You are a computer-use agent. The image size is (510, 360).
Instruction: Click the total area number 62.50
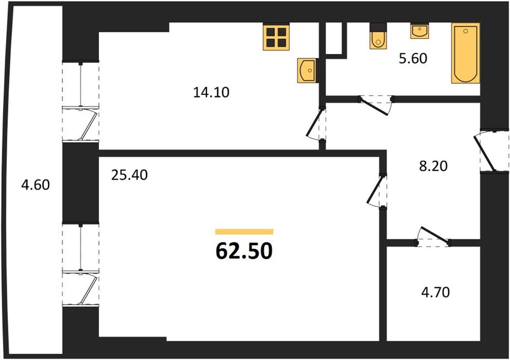pyautogui.click(x=244, y=251)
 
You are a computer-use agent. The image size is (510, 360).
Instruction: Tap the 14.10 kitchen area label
pyautogui.click(x=211, y=92)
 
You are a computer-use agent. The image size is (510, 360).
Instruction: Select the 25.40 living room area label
pyautogui.click(x=130, y=175)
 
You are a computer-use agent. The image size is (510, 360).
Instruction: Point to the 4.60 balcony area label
pyautogui.click(x=35, y=185)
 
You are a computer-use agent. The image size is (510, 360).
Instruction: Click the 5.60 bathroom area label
pyautogui.click(x=413, y=59)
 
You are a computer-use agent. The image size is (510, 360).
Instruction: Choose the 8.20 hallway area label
pyautogui.click(x=433, y=166)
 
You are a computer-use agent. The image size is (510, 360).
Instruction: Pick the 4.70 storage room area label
pyautogui.click(x=436, y=292)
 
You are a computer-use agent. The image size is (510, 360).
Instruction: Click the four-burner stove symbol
pyautogui.click(x=276, y=37)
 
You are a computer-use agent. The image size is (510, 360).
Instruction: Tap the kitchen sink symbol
pyautogui.click(x=307, y=70)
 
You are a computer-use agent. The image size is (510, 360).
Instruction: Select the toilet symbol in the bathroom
pyautogui.click(x=378, y=36)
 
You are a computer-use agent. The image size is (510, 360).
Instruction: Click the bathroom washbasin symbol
pyautogui.click(x=419, y=31)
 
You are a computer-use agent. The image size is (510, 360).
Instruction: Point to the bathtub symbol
pyautogui.click(x=466, y=53)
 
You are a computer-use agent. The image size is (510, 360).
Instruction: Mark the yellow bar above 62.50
pyautogui.click(x=244, y=232)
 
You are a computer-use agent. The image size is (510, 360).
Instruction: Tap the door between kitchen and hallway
pyautogui.click(x=314, y=123)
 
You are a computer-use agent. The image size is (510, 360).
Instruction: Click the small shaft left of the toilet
pyautogui.click(x=334, y=38)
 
